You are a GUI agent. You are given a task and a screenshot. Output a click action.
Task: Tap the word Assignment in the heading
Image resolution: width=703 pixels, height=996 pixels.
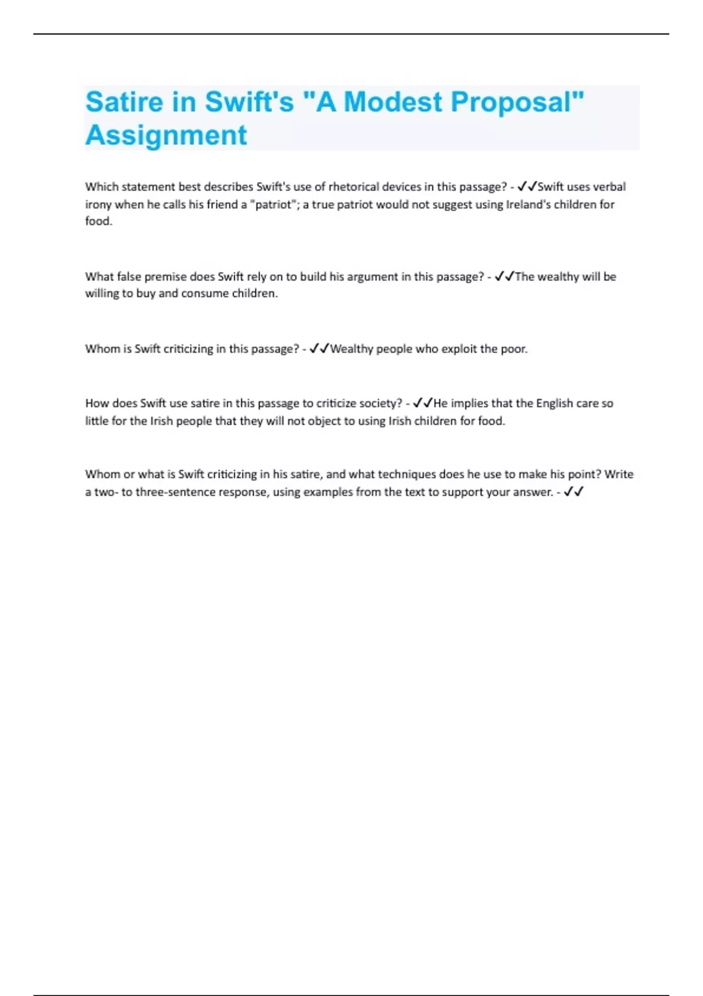166,135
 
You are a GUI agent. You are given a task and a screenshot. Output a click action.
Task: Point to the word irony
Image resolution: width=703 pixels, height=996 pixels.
98,204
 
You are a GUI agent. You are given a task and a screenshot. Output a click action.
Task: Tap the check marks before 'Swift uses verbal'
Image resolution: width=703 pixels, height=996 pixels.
527,187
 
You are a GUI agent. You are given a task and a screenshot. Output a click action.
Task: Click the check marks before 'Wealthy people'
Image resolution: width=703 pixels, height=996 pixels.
319,349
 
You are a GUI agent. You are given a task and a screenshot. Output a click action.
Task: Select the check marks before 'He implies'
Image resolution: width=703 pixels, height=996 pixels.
422,403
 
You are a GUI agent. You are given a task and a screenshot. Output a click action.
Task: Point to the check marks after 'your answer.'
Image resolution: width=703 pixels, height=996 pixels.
574,492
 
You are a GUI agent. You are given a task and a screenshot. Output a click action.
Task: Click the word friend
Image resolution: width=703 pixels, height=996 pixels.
222,204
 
